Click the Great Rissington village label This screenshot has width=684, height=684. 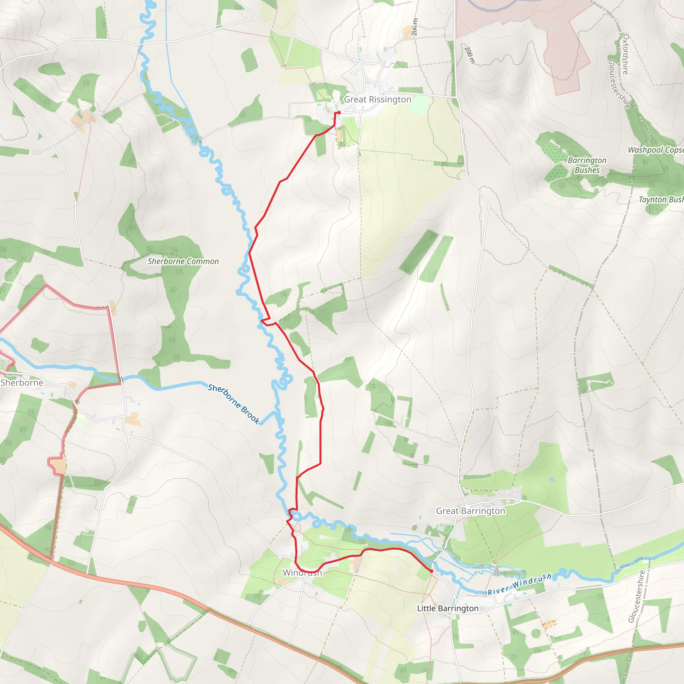pyautogui.click(x=377, y=100)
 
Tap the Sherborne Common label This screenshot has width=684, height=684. pyautogui.click(x=183, y=261)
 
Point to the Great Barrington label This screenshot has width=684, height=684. pyautogui.click(x=470, y=511)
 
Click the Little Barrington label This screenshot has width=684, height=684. pyautogui.click(x=448, y=608)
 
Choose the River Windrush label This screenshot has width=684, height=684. pyautogui.click(x=519, y=584)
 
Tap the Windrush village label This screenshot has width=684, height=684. pyautogui.click(x=302, y=573)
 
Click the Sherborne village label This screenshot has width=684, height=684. pyautogui.click(x=22, y=383)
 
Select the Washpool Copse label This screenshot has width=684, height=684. pyautogui.click(x=655, y=150)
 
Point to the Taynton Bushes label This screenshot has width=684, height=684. pyautogui.click(x=661, y=200)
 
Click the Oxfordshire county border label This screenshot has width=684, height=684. pyautogui.click(x=626, y=54)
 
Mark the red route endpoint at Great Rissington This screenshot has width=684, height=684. pyautogui.click(x=339, y=113)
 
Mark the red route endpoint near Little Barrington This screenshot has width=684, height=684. pyautogui.click(x=431, y=571)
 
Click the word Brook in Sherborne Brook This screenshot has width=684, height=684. pyautogui.click(x=251, y=415)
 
